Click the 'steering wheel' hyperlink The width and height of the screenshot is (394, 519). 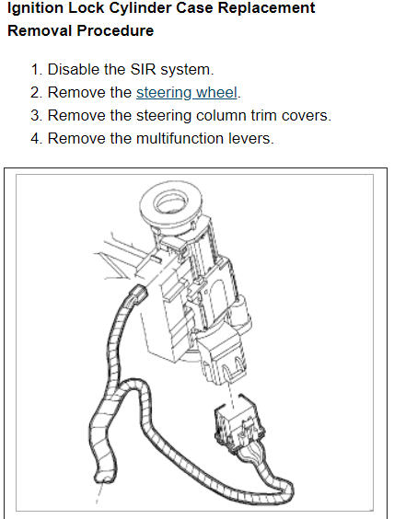click(x=187, y=93)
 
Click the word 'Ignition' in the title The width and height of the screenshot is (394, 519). click(x=35, y=8)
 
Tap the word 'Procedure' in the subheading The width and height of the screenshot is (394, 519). click(x=115, y=30)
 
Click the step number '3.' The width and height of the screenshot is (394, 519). click(x=37, y=116)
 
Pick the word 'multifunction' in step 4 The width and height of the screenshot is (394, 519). click(x=180, y=138)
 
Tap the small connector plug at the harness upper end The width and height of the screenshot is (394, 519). click(x=137, y=294)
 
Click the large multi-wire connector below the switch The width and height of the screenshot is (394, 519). click(x=239, y=426)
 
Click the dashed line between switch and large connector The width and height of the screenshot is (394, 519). click(x=232, y=394)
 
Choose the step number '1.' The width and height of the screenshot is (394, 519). click(x=37, y=70)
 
